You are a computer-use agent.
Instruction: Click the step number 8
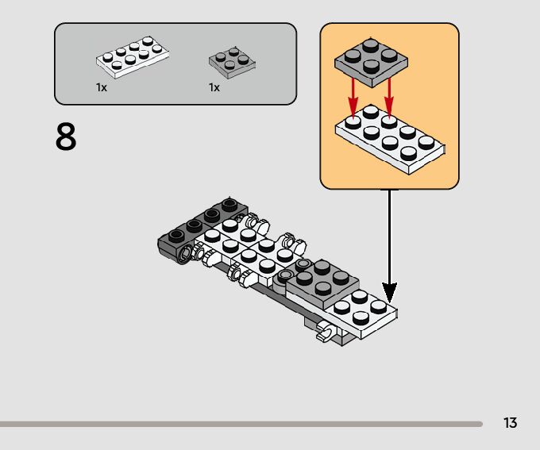click(66, 137)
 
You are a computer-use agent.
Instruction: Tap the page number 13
click(510, 422)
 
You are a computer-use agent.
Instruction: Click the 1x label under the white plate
click(102, 87)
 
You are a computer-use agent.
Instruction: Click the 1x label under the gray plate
click(214, 87)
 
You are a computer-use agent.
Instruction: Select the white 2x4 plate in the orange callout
click(389, 141)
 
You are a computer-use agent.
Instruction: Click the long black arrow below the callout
click(389, 238)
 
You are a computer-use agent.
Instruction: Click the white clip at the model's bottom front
click(325, 333)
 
